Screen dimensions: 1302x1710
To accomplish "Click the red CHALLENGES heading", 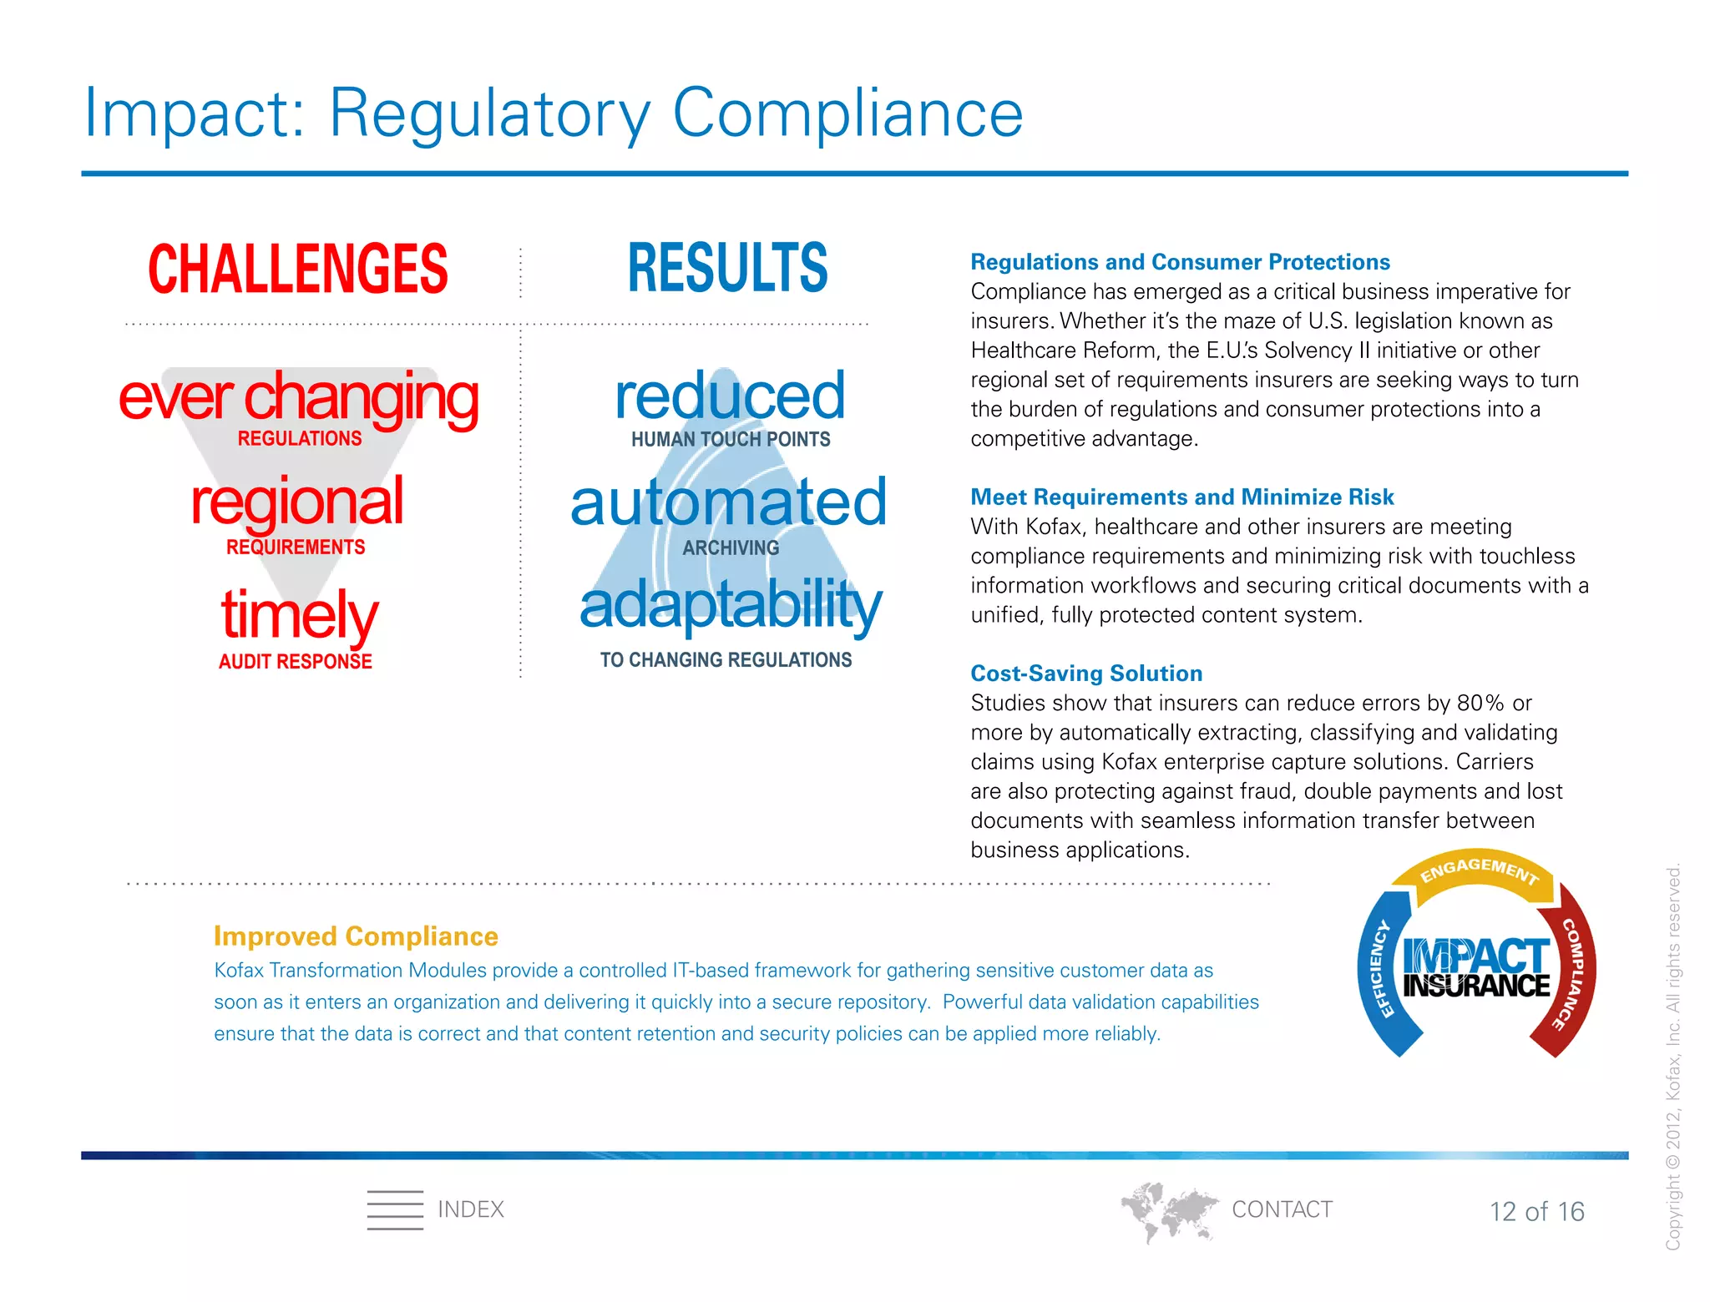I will [x=298, y=269].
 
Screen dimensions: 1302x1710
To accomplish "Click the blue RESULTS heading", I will [x=727, y=269].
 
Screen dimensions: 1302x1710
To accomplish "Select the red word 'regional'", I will [x=297, y=502].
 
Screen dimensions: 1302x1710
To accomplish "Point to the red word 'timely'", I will [x=299, y=613].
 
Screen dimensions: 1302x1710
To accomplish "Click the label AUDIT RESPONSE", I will [x=296, y=661].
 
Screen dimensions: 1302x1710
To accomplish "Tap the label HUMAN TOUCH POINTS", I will [x=731, y=439].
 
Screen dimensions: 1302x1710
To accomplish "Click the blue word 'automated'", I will [x=728, y=502].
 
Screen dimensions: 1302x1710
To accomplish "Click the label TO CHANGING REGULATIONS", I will [x=726, y=660].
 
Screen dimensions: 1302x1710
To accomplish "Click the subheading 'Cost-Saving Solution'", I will [x=1086, y=673].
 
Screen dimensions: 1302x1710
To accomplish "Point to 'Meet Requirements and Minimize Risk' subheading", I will [x=1181, y=497].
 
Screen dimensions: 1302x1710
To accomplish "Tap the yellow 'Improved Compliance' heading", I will [x=356, y=936].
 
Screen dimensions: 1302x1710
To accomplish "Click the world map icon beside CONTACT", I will [x=1168, y=1211].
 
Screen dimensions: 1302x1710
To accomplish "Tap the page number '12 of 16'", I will [x=1536, y=1211].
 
